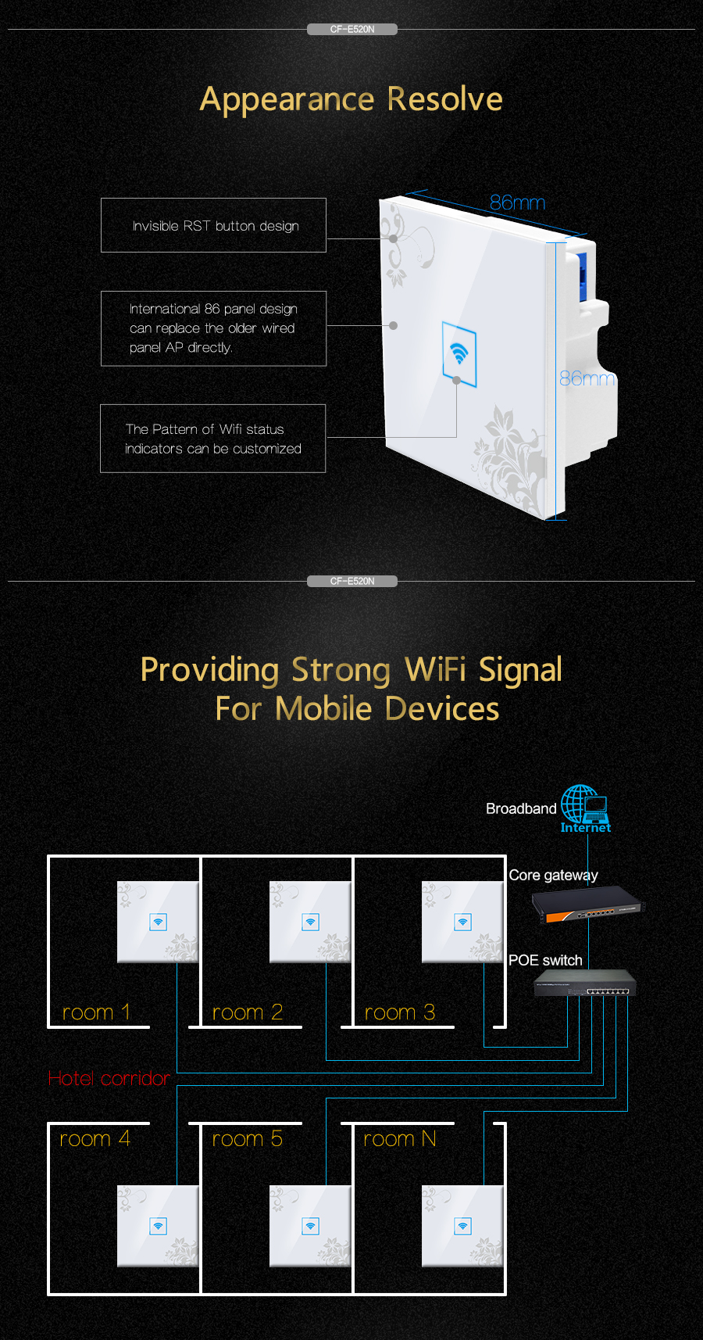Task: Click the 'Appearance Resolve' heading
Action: click(x=351, y=99)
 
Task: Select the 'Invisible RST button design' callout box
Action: click(x=213, y=225)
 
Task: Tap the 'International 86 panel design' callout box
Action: click(x=213, y=328)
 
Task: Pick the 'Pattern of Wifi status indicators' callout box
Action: click(x=212, y=439)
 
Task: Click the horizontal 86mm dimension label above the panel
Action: click(x=517, y=202)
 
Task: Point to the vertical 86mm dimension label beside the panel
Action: click(x=587, y=378)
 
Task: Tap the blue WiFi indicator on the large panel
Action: click(x=459, y=354)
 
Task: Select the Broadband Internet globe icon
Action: click(x=583, y=805)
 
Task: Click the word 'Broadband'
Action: click(x=521, y=808)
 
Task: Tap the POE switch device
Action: click(x=585, y=984)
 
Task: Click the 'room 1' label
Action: click(x=95, y=1012)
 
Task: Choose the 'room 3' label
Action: click(x=399, y=1012)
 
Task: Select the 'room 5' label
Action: click(x=247, y=1139)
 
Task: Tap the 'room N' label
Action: click(x=399, y=1139)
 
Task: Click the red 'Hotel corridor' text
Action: click(x=109, y=1078)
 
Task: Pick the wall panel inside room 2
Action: click(x=310, y=922)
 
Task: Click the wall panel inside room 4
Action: click(x=158, y=1226)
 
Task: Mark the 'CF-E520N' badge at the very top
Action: click(x=352, y=30)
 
